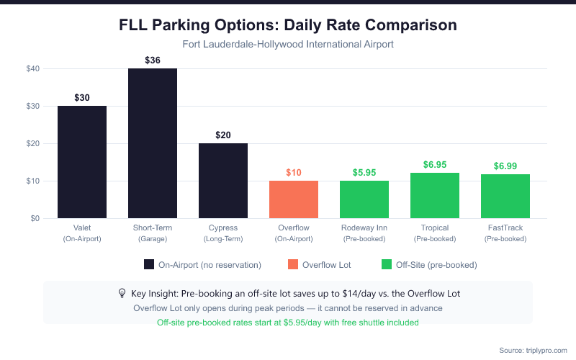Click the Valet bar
pos(82,162)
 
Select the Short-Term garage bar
pos(153,143)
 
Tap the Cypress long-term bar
pos(223,181)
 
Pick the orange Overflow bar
pos(294,199)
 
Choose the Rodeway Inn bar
pos(364,199)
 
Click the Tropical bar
pos(435,196)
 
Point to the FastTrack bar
pos(505,197)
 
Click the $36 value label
pos(153,60)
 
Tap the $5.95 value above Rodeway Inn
pos(364,173)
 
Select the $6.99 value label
pos(505,166)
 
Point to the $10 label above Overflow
pos(294,173)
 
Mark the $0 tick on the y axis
pos(34,218)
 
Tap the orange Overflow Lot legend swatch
pos(293,265)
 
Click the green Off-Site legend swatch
pos(387,265)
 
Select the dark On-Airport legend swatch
pos(150,265)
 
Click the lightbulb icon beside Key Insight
pos(122,293)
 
